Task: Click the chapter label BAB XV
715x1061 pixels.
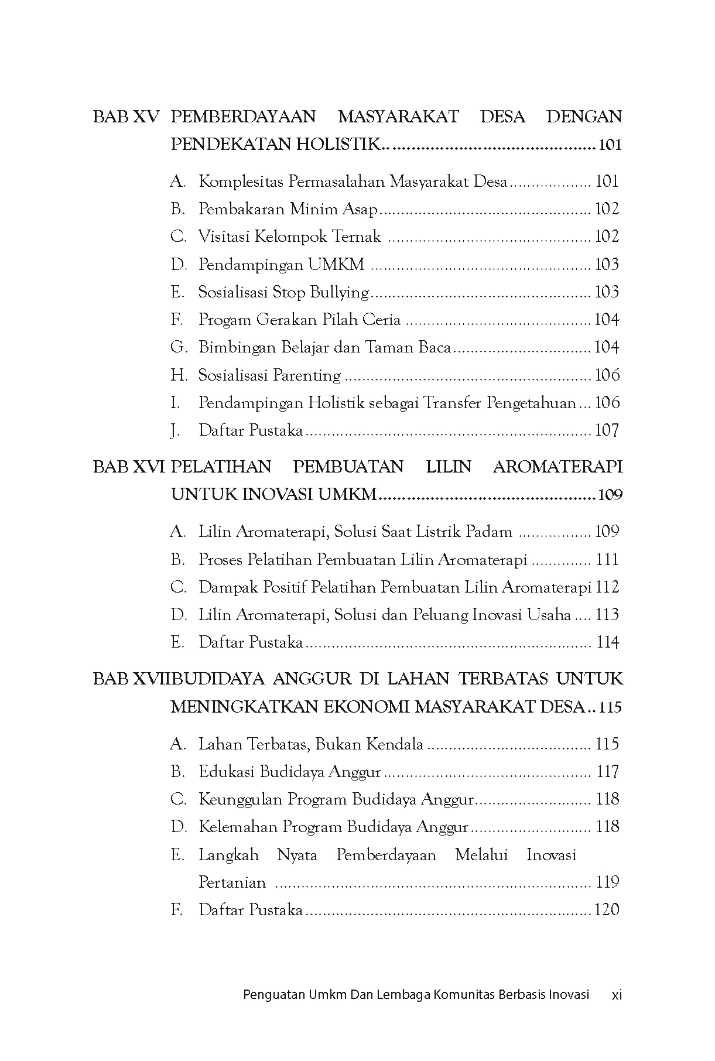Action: pos(126,117)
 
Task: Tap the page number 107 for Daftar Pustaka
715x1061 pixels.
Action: pos(607,430)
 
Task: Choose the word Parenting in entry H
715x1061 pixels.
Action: pos(313,375)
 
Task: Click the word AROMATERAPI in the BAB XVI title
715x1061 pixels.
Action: pos(557,467)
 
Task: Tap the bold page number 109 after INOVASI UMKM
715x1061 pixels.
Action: pos(610,495)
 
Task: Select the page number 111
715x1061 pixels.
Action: pos(607,560)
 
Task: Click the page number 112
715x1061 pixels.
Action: pos(607,587)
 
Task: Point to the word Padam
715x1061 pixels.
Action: pos(489,532)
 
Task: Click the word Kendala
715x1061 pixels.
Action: pos(395,744)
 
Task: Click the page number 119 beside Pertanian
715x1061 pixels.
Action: pos(607,882)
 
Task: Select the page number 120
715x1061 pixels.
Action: pos(607,910)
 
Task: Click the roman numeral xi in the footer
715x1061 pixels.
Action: pos(616,994)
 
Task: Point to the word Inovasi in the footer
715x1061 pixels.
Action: pos(568,994)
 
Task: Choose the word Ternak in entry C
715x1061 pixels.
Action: pos(357,237)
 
